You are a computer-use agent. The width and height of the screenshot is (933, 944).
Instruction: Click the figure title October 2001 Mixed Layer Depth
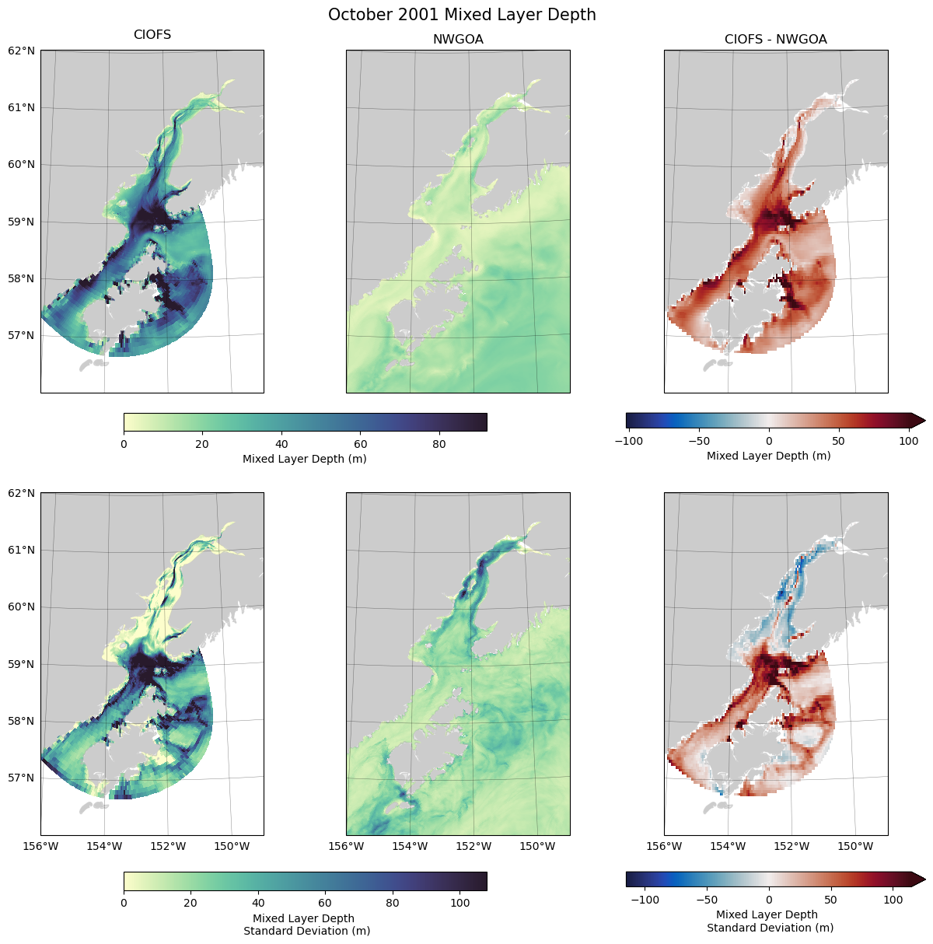point(462,15)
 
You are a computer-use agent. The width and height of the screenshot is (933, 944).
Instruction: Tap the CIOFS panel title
point(152,35)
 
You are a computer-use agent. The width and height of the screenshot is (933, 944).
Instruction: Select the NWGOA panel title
point(458,40)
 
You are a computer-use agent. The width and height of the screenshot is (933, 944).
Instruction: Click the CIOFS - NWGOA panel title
point(775,39)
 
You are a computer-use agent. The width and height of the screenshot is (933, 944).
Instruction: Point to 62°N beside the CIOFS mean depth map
point(22,51)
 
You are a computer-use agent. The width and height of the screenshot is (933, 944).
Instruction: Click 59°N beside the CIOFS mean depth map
point(22,222)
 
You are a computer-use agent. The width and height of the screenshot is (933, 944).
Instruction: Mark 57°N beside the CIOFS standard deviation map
point(22,778)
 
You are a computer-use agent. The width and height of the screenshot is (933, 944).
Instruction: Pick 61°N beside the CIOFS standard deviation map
point(22,550)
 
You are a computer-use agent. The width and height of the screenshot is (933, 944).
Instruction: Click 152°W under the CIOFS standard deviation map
point(168,846)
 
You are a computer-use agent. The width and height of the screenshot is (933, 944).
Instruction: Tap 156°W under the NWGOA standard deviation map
point(347,846)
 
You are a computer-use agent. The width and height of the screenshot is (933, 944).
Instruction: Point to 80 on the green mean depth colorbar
point(439,444)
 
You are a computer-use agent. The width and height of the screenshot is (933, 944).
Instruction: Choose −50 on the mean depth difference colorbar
point(699,441)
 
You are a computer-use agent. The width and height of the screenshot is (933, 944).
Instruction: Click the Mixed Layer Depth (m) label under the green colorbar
point(305,459)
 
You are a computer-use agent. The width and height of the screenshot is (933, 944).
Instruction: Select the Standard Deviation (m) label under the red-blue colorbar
point(770,928)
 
